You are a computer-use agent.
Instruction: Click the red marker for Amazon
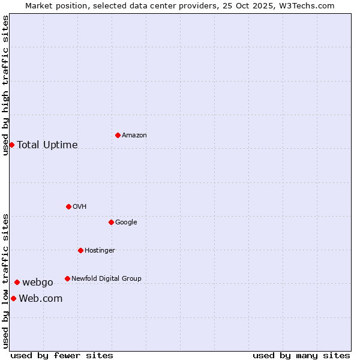118,135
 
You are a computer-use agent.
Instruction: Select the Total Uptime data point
11,145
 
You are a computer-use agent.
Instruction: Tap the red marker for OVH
68,206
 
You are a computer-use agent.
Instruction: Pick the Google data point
111,222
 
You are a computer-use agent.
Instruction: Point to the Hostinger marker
80,250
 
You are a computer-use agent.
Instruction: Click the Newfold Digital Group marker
67,278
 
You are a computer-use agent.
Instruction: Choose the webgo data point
17,282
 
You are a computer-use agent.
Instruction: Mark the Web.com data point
13,298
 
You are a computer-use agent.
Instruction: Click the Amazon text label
134,136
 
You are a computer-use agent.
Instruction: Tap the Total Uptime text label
47,145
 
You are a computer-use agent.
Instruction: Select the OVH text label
80,207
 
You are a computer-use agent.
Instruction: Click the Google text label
126,223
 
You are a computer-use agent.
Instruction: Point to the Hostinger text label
100,251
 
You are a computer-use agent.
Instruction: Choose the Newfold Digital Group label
106,279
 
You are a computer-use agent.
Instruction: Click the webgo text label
38,283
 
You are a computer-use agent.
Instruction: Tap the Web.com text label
41,299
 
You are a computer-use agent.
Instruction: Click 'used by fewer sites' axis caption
62,355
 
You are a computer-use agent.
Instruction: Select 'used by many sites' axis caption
301,355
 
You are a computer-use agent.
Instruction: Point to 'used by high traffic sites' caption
6,85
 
